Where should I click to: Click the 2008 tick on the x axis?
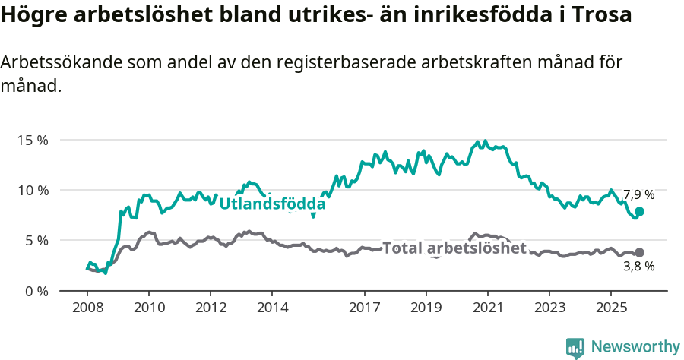pos(87,308)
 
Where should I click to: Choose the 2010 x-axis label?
pos(148,308)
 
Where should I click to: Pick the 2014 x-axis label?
pos(272,308)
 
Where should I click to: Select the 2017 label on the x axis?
pos(364,308)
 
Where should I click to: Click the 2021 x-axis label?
pos(487,308)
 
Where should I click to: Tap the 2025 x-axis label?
pos(610,308)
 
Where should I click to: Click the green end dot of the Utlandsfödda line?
pos(639,212)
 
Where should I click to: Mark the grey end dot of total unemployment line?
pos(639,252)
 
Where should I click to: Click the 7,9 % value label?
pos(638,195)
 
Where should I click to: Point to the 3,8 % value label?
pos(638,267)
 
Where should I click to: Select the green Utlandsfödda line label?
pos(272,204)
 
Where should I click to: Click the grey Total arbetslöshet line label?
pos(454,248)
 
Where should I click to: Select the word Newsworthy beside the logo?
pos(635,347)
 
